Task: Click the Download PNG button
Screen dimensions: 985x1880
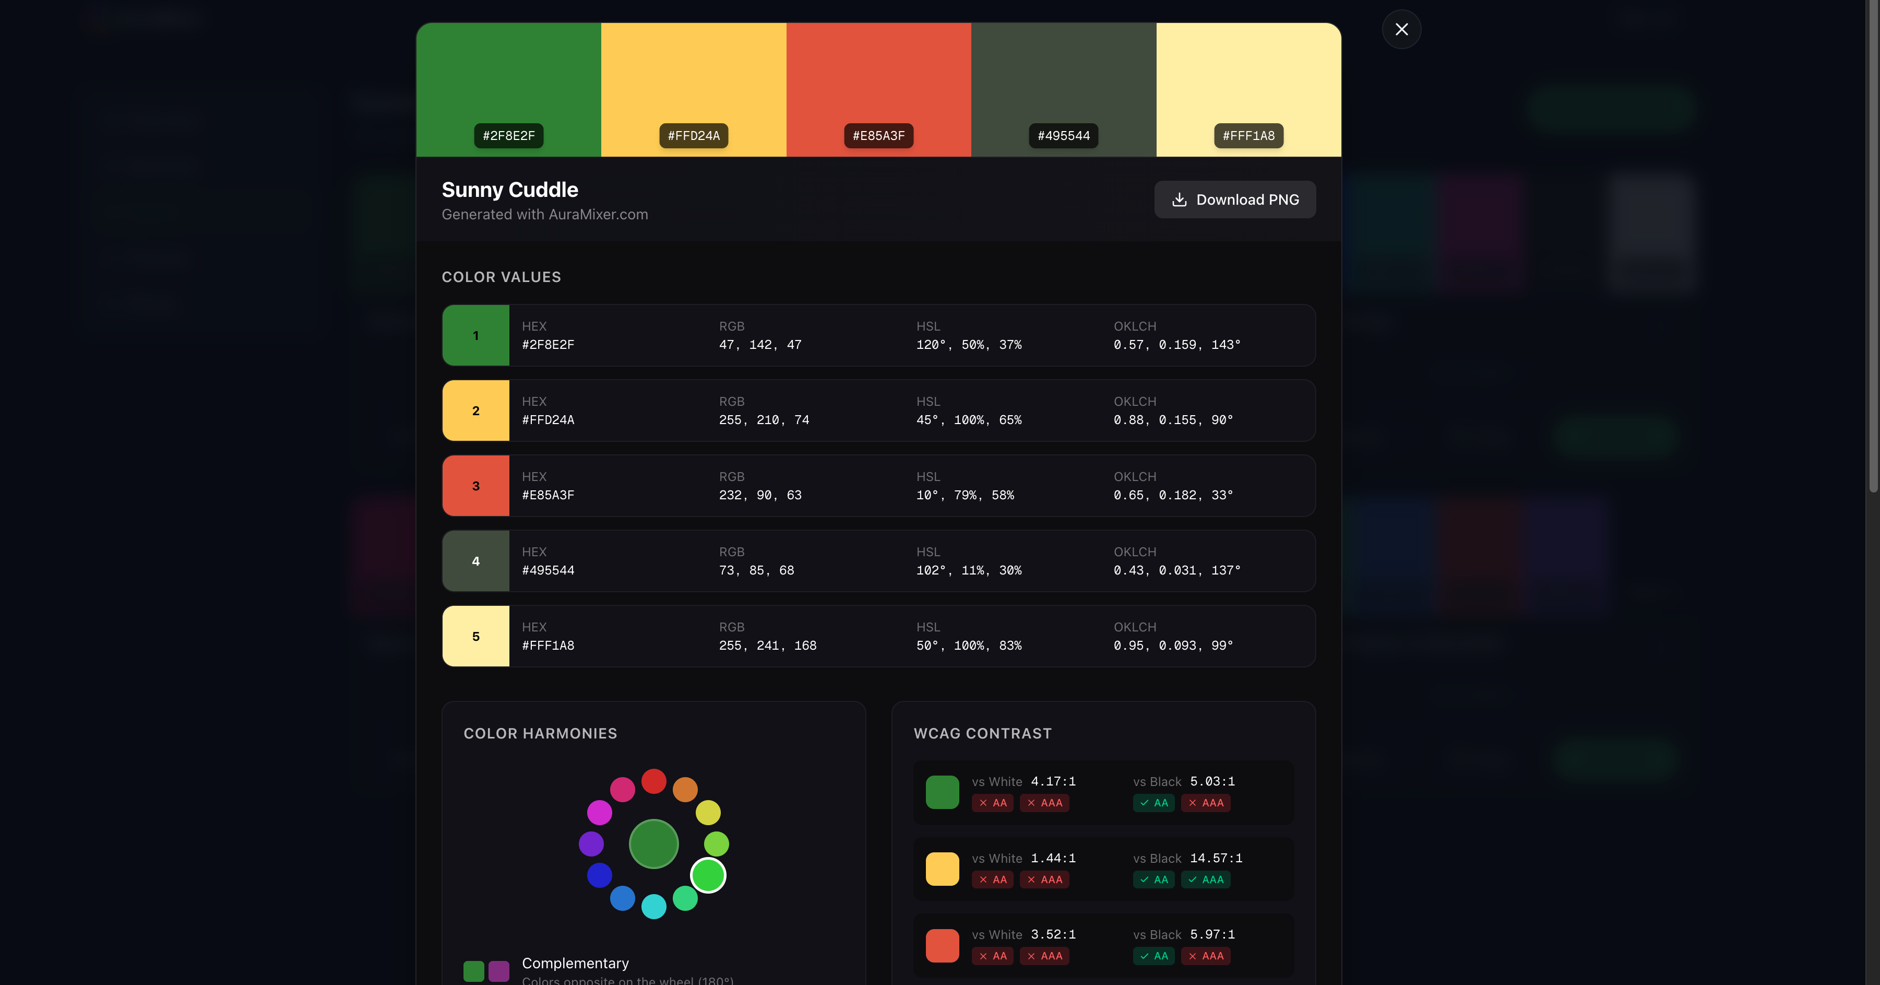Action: click(x=1235, y=200)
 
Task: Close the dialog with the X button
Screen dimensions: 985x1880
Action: click(x=1401, y=29)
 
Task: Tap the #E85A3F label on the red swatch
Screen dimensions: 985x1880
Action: click(x=879, y=136)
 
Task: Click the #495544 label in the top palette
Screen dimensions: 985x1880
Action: click(x=1063, y=136)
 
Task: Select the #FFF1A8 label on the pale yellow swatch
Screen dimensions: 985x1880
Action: click(x=1248, y=136)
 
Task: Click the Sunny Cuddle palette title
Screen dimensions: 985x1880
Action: click(x=509, y=190)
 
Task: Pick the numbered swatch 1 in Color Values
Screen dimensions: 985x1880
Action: click(x=476, y=336)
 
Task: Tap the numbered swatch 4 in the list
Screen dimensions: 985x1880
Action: click(x=476, y=561)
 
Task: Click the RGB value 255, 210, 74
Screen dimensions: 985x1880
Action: click(x=764, y=420)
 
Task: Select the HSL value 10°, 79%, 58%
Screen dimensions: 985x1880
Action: click(x=965, y=495)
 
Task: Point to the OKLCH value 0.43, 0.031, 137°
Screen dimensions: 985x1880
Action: click(x=1176, y=570)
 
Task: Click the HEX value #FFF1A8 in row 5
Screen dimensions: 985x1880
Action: click(x=548, y=646)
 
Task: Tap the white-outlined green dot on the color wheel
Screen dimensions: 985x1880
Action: click(x=708, y=875)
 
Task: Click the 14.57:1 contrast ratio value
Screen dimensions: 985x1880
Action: click(x=1216, y=858)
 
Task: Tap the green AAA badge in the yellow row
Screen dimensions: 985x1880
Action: click(x=1206, y=880)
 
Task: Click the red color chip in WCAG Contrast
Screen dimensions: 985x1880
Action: click(x=942, y=946)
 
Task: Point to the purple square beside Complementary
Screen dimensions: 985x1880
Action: click(x=499, y=971)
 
